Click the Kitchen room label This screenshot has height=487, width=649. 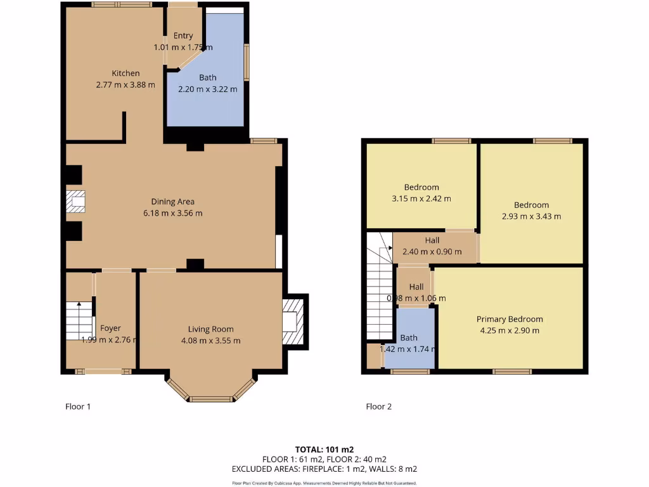tap(125, 74)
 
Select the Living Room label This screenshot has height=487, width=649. tap(210, 329)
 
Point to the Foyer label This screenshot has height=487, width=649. tap(110, 328)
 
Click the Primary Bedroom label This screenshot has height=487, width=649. tap(510, 319)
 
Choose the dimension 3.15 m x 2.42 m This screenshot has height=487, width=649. tap(421, 198)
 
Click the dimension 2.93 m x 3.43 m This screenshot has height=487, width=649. tap(531, 216)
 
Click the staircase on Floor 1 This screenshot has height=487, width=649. tap(79, 321)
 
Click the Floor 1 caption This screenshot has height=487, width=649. tap(78, 406)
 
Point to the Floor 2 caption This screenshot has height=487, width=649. tap(378, 406)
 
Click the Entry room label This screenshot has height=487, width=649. tap(183, 36)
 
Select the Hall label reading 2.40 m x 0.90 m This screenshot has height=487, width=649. tap(432, 252)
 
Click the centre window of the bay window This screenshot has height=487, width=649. tap(211, 399)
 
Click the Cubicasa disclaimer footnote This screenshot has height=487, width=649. tap(324, 483)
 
